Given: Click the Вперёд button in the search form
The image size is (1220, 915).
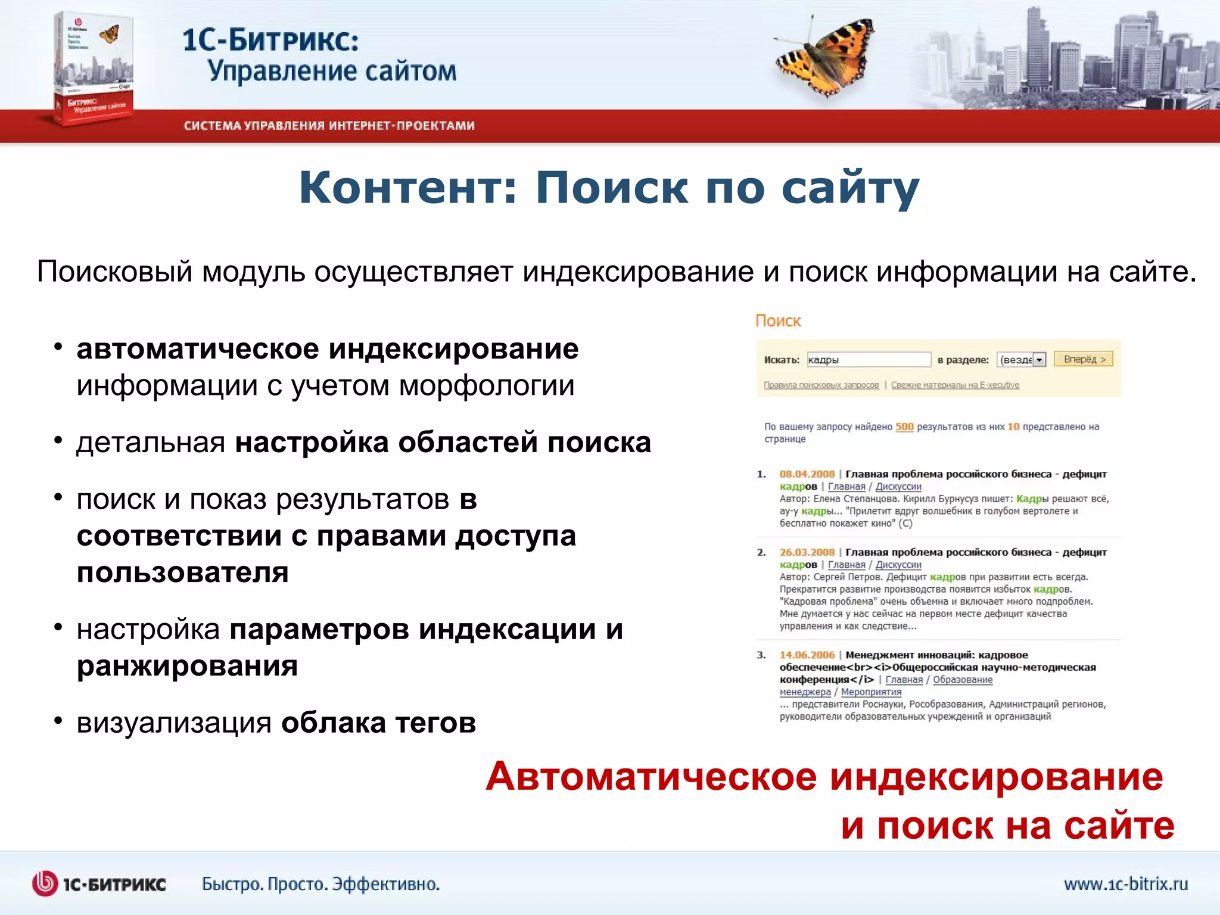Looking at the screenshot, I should [x=1084, y=359].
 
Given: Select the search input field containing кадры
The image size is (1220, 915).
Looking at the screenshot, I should [x=868, y=360].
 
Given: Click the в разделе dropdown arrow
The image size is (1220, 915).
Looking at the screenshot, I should [x=1040, y=360].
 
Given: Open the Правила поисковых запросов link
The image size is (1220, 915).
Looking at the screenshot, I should [x=821, y=385].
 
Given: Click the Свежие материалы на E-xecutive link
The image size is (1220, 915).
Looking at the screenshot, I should [x=955, y=385].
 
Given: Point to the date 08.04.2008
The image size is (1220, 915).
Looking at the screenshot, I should [x=807, y=474].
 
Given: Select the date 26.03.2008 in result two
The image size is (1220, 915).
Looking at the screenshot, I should [x=807, y=552].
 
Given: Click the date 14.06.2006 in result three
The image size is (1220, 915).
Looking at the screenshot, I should [x=807, y=655].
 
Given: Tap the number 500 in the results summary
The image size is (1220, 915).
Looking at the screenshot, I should [x=904, y=427].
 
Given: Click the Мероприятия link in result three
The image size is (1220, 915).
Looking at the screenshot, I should [x=871, y=692].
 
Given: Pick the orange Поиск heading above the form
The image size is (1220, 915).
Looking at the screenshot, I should [x=778, y=321].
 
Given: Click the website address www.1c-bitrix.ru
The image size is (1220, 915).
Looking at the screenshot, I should [x=1126, y=883].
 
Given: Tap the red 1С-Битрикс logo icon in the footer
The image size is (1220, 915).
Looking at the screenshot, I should [x=45, y=883].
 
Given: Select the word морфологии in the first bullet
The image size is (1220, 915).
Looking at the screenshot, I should [x=487, y=385].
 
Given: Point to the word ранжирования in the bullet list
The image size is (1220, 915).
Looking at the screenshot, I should [x=187, y=665].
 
